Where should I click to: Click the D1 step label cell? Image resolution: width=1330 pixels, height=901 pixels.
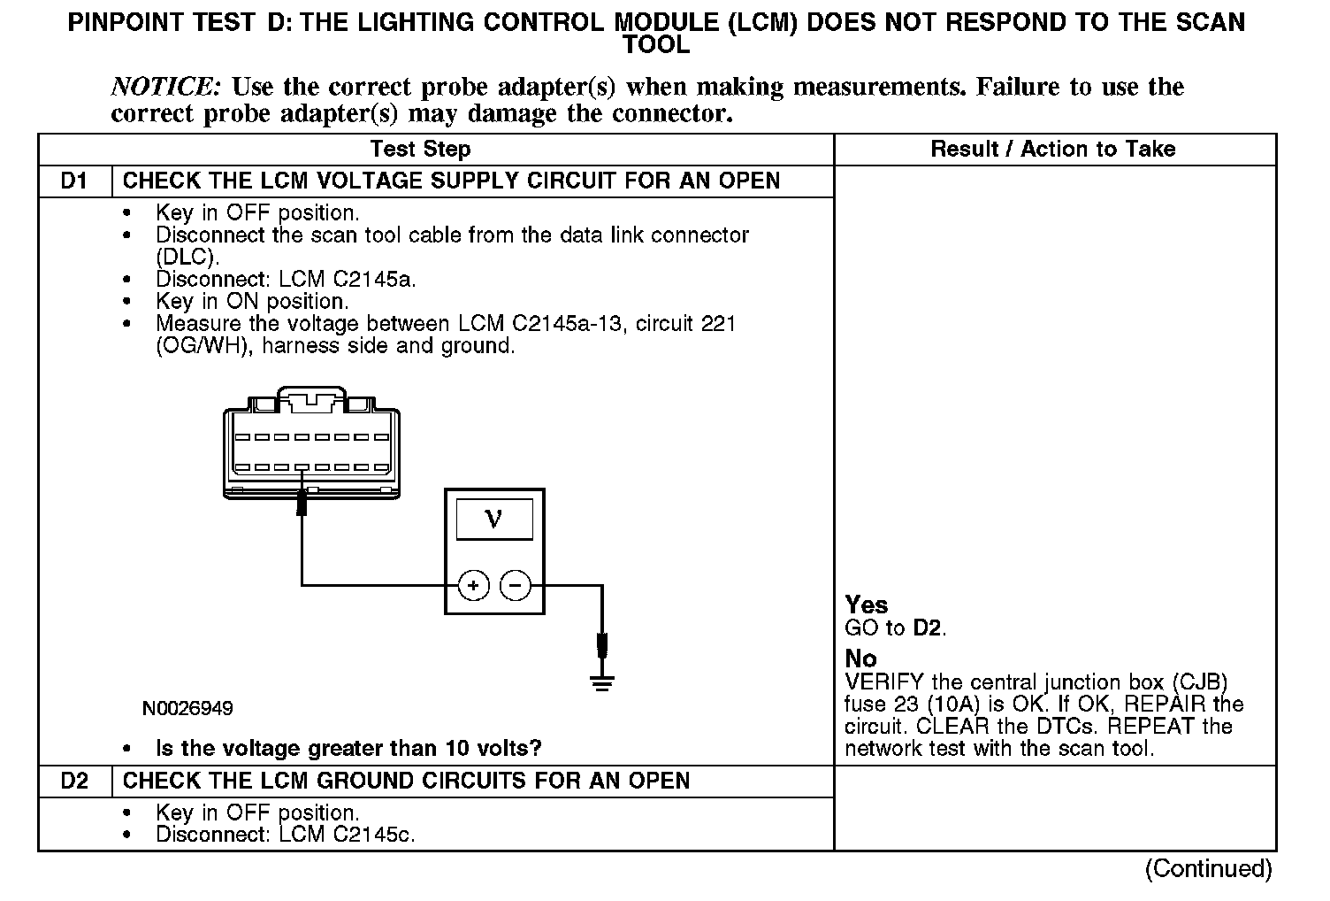pos(74,181)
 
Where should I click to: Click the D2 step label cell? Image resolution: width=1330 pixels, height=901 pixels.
pos(74,781)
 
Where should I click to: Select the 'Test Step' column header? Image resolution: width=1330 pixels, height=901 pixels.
pos(420,149)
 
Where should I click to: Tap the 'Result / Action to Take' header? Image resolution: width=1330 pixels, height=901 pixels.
pos(1052,149)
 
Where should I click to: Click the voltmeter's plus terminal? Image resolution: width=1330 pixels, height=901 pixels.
pos(474,585)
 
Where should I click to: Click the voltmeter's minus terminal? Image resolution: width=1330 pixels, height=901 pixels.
pos(516,585)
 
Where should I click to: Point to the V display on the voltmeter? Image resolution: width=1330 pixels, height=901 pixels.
pos(494,519)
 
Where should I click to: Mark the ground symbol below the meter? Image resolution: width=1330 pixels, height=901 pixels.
pos(602,682)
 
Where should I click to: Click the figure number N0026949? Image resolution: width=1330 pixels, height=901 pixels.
pos(187,709)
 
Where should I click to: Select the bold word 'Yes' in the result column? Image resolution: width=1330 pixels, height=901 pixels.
pos(866,605)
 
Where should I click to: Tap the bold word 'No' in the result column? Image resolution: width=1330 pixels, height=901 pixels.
pos(860,658)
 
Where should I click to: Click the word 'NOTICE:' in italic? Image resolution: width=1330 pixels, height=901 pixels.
pos(165,87)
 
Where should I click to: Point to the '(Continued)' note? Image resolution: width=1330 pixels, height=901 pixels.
pos(1208,868)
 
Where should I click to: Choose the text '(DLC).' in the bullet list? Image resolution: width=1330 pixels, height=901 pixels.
pos(187,257)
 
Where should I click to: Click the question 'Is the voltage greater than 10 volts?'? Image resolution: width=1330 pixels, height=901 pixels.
pos(348,749)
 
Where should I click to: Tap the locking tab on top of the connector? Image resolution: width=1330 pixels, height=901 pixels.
pos(311,397)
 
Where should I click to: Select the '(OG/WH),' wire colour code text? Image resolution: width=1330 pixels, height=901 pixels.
pos(205,346)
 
